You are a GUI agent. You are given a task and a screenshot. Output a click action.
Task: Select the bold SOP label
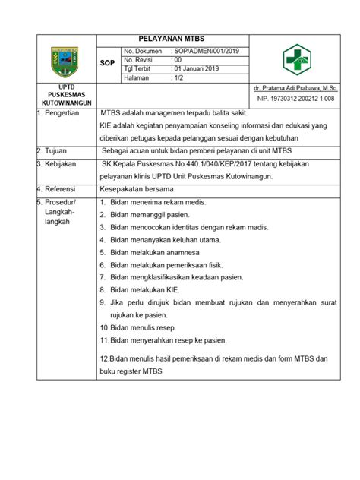click(x=108, y=65)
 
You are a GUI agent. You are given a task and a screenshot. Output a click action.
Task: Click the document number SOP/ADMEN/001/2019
click(x=205, y=50)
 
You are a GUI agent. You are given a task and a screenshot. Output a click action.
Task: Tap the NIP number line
click(x=298, y=99)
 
